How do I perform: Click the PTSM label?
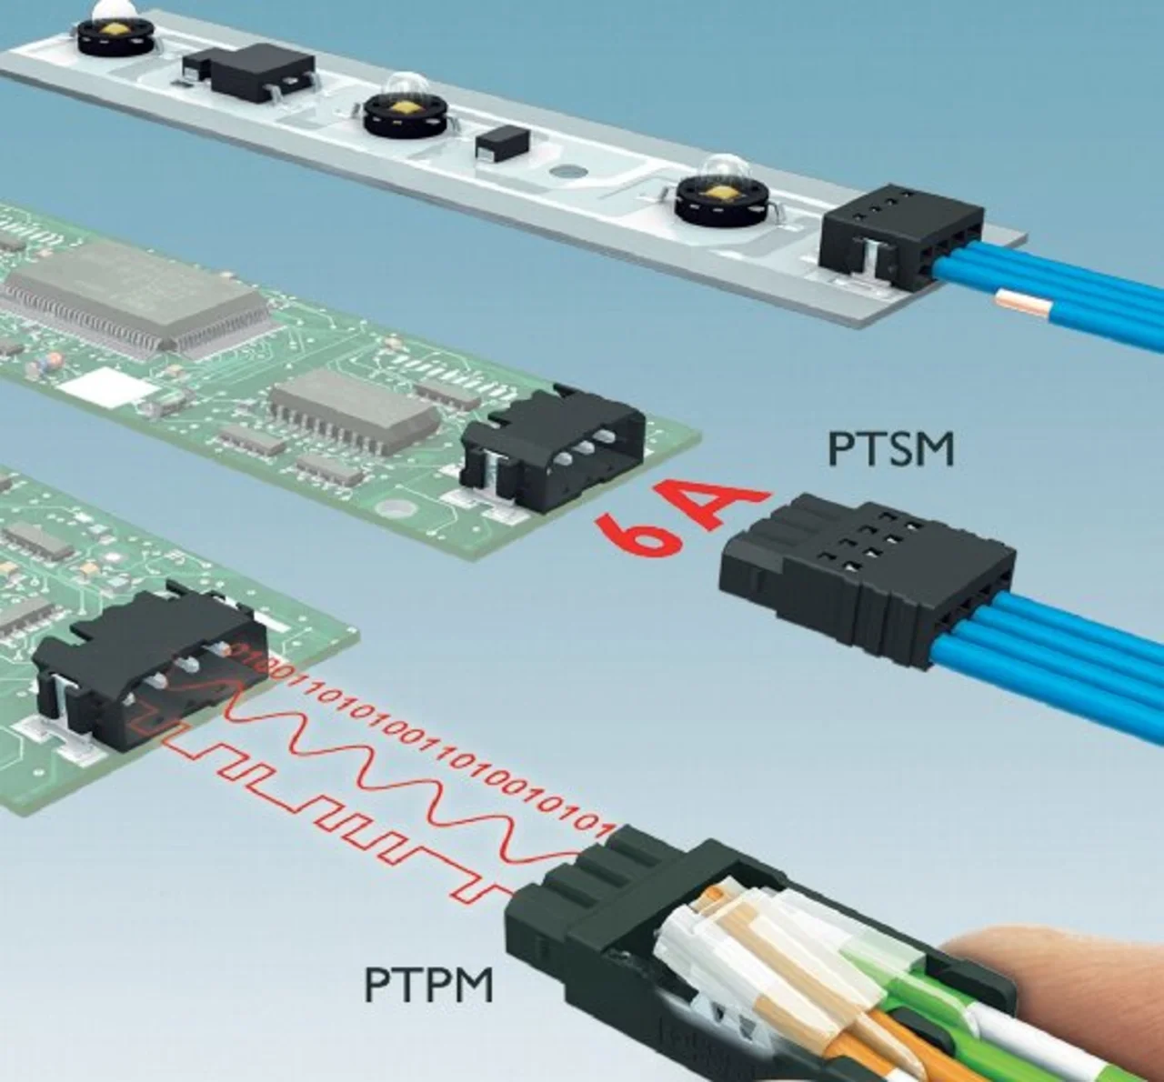[891, 449]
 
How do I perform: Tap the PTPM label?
[429, 984]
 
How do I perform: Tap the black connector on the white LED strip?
[900, 236]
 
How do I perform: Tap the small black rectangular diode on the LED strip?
[500, 145]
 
